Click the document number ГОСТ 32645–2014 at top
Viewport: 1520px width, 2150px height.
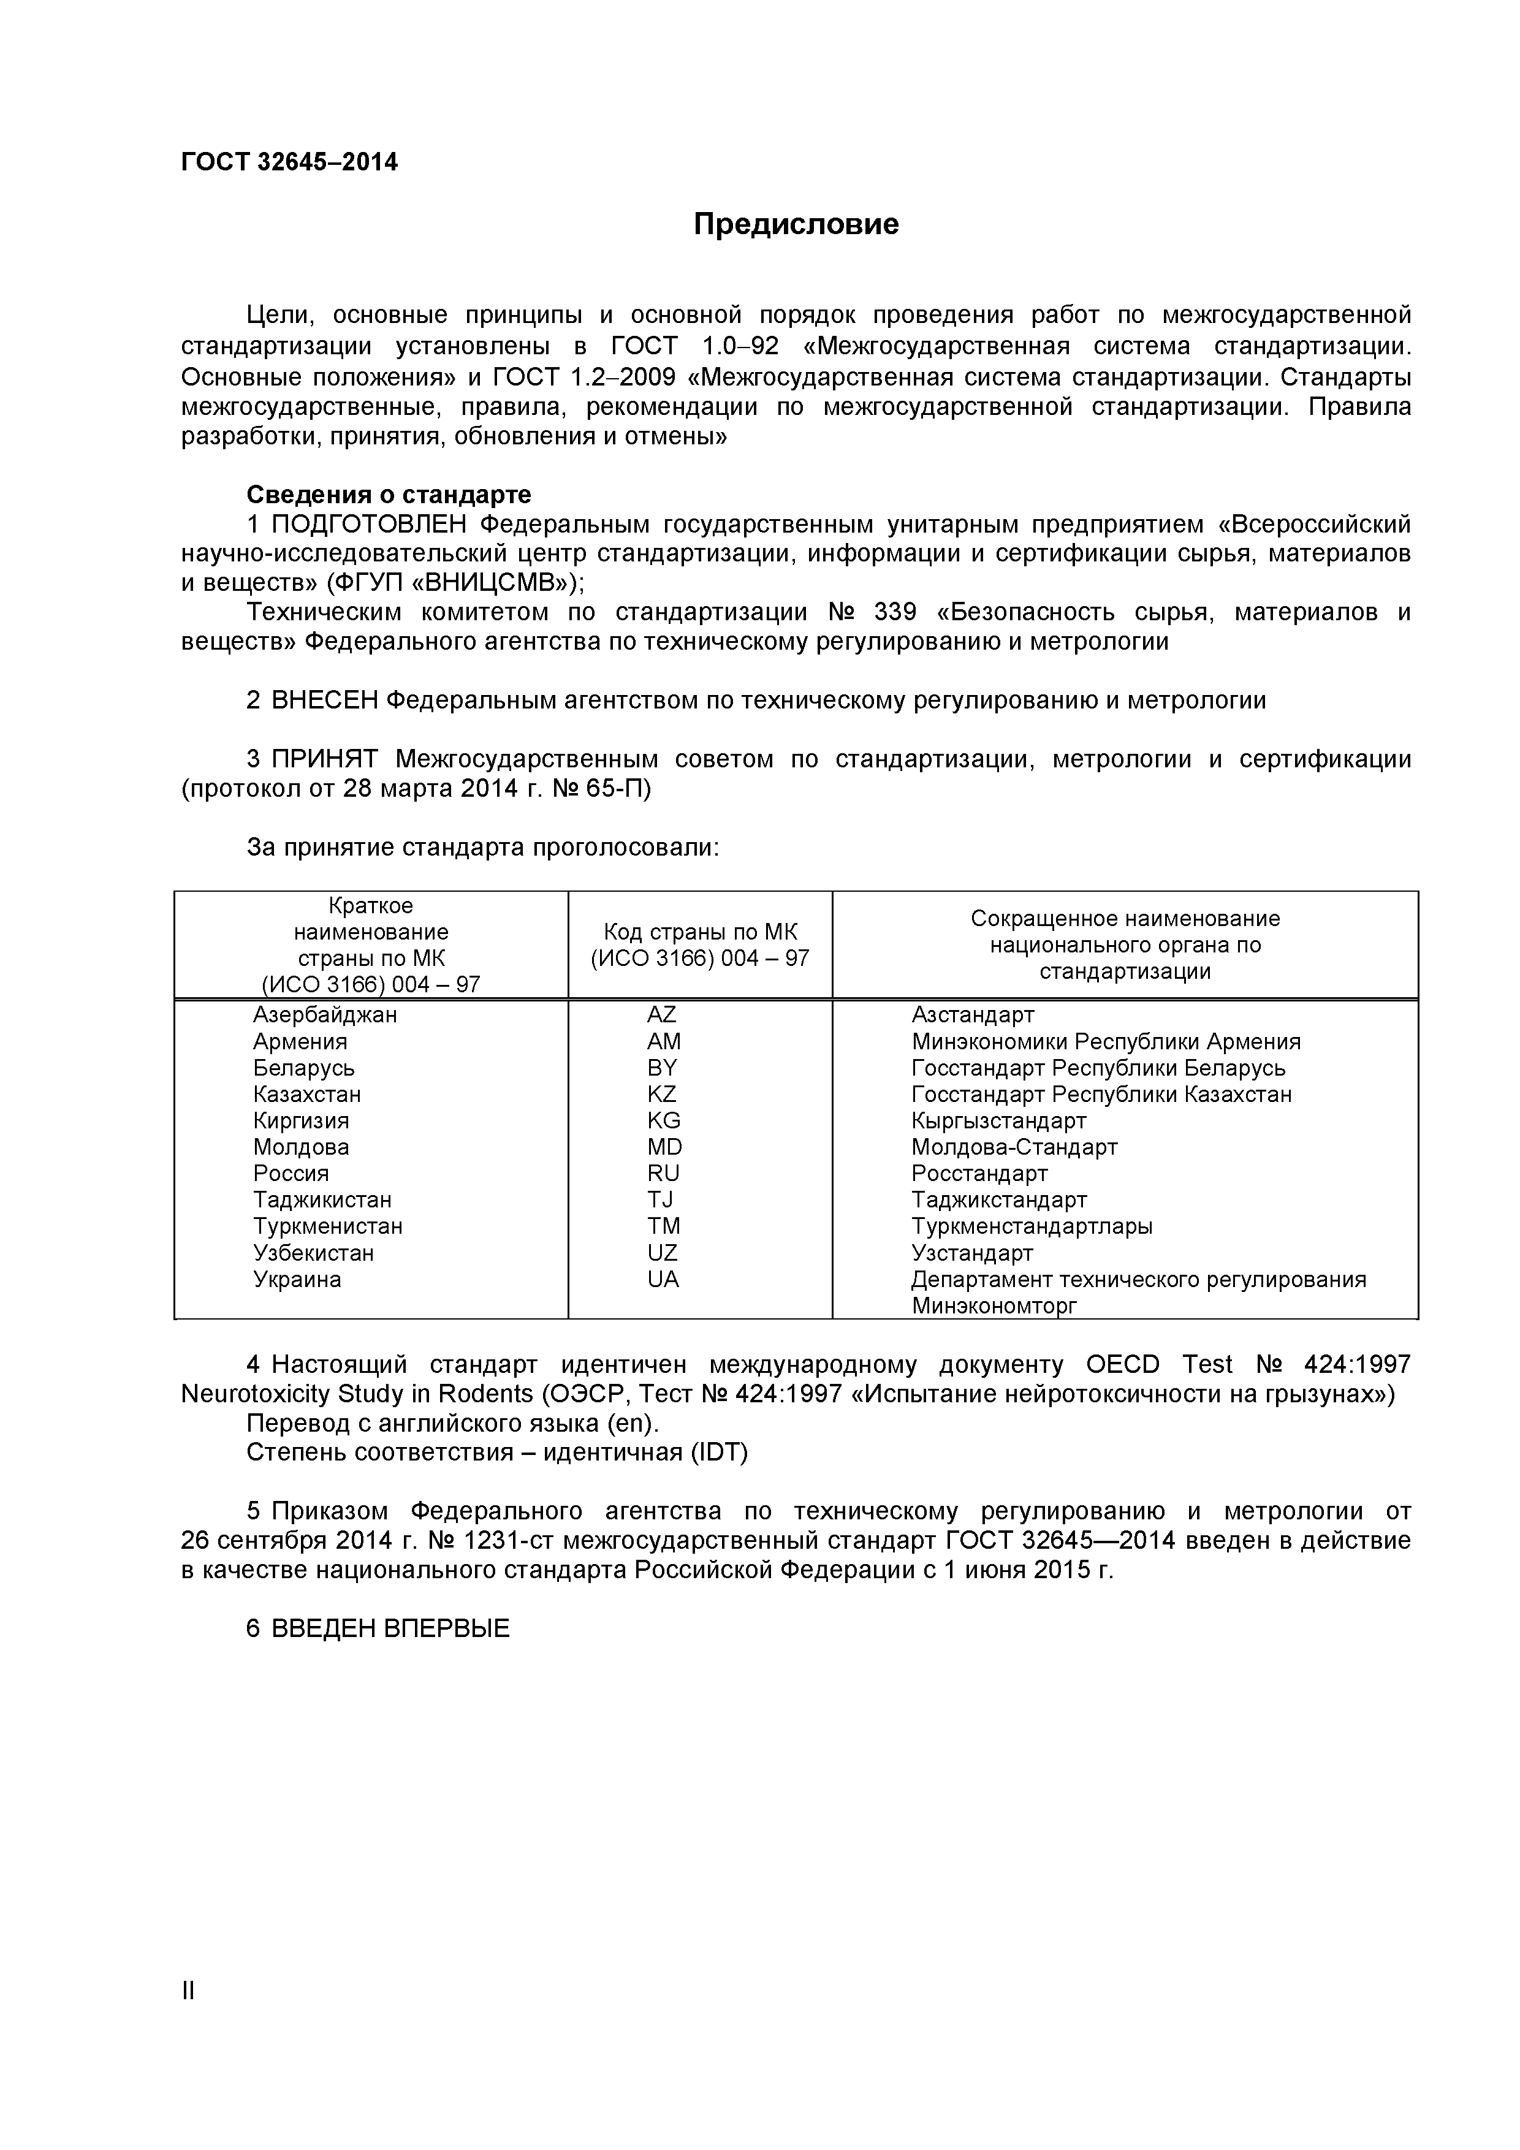pos(289,163)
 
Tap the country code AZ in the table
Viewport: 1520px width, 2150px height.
pos(661,1015)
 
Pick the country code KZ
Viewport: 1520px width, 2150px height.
pos(661,1095)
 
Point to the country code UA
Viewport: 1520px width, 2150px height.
pos(662,1279)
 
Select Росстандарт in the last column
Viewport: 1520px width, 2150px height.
pos(979,1173)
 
